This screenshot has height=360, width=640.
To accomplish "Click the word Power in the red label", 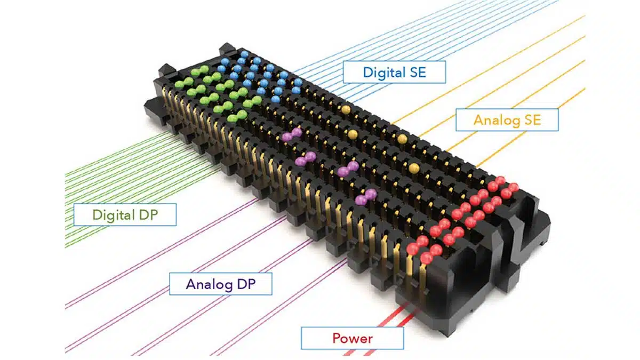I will coord(352,338).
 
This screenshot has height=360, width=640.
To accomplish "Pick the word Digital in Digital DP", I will coord(111,215).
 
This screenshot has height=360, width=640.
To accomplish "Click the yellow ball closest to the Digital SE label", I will coord(346,109).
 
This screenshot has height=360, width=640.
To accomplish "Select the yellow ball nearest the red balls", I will coord(414,169).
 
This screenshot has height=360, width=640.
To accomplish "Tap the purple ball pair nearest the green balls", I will coord(292,134).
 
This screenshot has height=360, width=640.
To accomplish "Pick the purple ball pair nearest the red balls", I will coord(365,197).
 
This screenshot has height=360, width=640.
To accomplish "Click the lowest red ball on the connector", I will coord(426,258).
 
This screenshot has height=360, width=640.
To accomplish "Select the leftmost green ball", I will coord(179,84).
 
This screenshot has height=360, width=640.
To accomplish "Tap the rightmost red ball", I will coord(514,187).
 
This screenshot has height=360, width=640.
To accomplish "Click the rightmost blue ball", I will coord(297,82).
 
